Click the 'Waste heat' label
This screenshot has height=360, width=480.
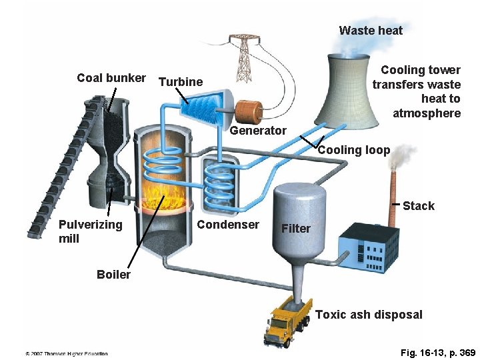[x=371, y=30]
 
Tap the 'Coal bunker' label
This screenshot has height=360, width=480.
[x=111, y=78]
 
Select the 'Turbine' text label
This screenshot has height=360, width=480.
[x=181, y=82]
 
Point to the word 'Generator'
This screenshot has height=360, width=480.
[x=258, y=131]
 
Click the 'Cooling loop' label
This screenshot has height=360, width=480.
[x=353, y=150]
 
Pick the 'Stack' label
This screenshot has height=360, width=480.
[x=418, y=206]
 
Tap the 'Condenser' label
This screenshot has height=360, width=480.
[x=228, y=225]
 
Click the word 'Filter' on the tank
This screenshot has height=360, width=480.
[x=296, y=229]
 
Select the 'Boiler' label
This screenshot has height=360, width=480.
[x=113, y=275]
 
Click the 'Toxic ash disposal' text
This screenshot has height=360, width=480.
[x=369, y=315]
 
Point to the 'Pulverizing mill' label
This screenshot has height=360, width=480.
[x=90, y=231]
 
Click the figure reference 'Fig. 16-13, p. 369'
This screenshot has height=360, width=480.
[x=438, y=352]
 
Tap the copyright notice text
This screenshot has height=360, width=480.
[x=67, y=353]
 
